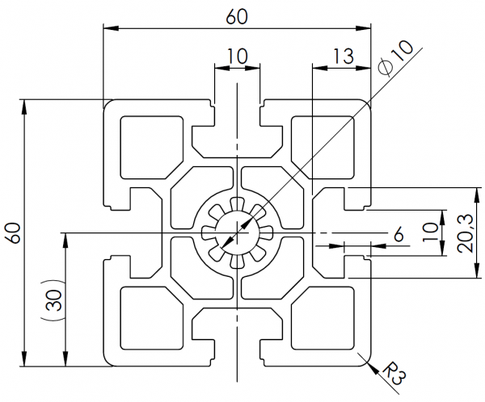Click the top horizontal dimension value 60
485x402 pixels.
[237, 16]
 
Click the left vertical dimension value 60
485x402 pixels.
[14, 232]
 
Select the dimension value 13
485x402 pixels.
[343, 56]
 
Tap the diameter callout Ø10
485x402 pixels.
[397, 58]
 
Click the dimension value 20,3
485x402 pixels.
[466, 233]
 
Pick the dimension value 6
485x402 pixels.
[399, 234]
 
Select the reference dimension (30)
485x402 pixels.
[53, 299]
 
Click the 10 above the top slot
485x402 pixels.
[238, 56]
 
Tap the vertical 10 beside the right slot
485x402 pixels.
[431, 232]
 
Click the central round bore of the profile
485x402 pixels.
[237, 232]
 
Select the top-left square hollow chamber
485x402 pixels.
[152, 148]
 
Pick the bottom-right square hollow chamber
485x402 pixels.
[323, 318]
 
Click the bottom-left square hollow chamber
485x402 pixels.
[152, 318]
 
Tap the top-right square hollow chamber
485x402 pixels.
[323, 148]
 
